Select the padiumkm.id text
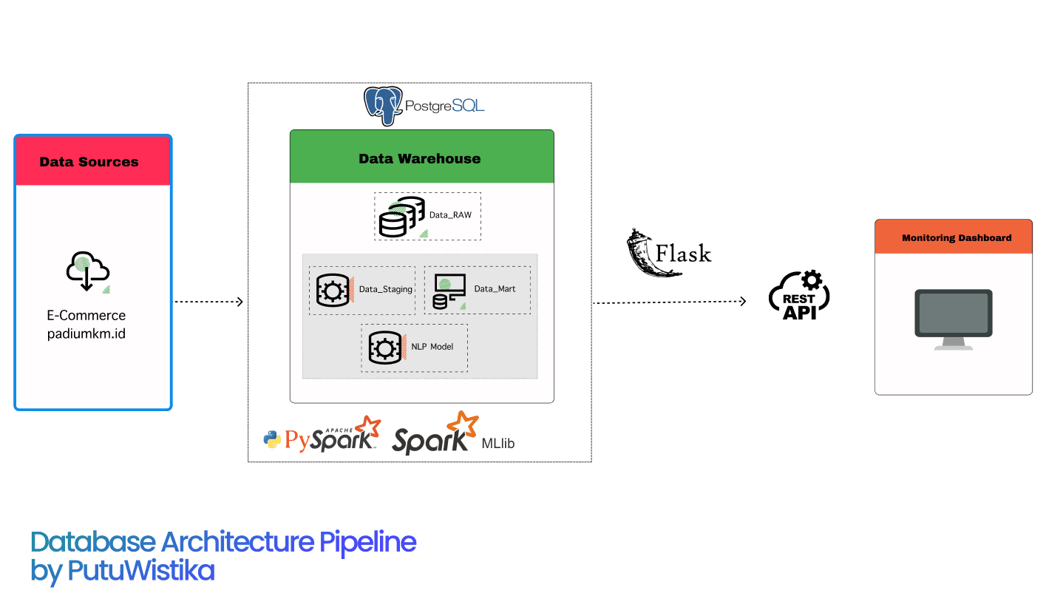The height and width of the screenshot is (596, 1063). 86,333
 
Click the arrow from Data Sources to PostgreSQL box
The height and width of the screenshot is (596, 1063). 208,302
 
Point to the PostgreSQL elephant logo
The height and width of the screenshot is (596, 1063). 383,106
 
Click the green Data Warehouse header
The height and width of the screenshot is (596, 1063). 421,158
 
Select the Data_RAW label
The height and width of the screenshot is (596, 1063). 450,216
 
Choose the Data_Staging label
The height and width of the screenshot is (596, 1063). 385,289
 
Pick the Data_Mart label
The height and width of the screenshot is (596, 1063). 495,289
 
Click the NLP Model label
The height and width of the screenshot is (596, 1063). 432,347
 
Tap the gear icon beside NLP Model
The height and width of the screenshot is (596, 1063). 384,348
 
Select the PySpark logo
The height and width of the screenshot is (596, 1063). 322,436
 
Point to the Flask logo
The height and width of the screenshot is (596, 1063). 668,253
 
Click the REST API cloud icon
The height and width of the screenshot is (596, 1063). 799,297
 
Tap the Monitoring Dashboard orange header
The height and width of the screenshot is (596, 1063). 953,237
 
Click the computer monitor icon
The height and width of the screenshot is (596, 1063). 953,319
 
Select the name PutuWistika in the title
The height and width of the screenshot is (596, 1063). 140,571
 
